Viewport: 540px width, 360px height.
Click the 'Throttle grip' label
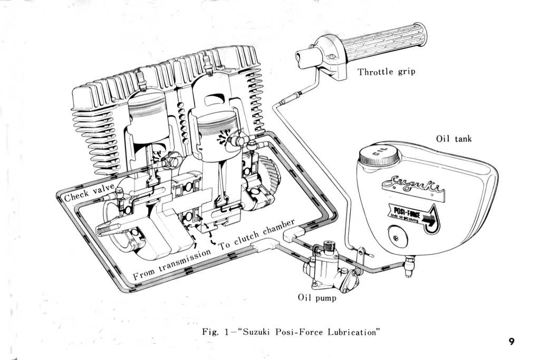(x=386, y=72)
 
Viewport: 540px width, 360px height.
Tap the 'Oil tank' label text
(x=454, y=139)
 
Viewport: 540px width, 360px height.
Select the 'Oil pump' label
(x=316, y=298)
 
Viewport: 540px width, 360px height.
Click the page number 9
(x=512, y=341)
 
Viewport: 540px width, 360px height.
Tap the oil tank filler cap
(x=378, y=155)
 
